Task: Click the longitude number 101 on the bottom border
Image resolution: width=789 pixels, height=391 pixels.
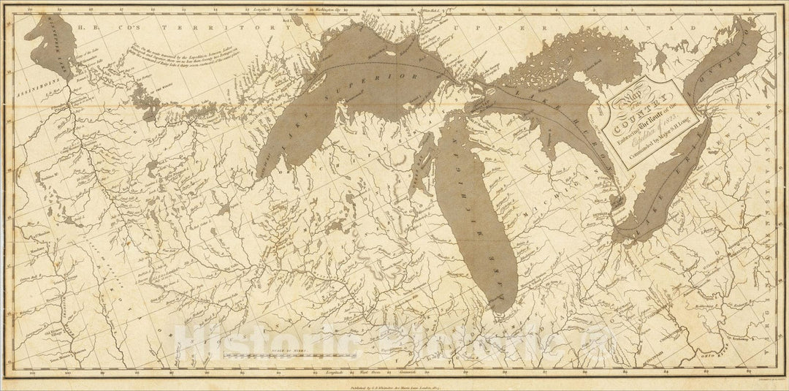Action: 32,373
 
